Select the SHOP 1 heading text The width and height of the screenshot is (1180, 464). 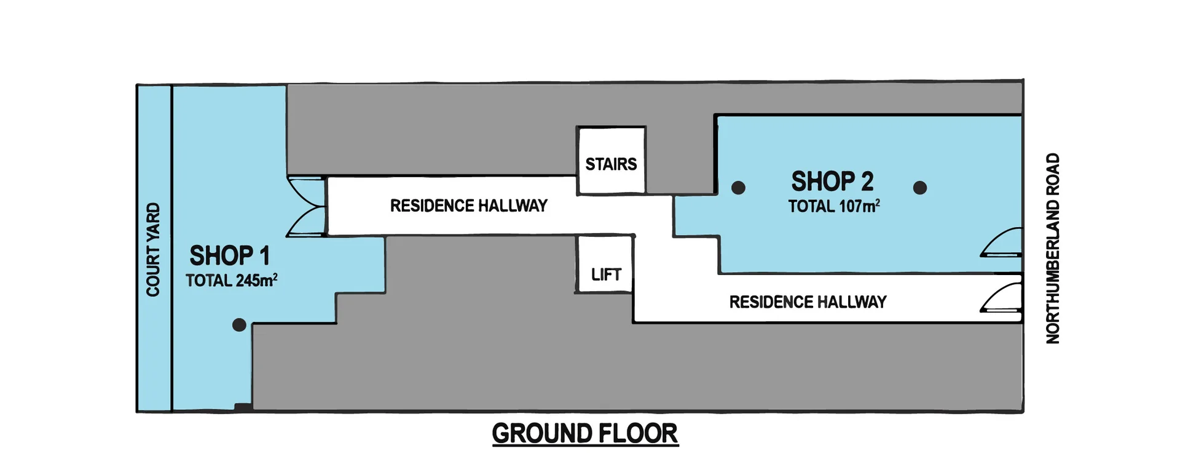click(229, 255)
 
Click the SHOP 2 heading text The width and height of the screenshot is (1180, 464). click(832, 182)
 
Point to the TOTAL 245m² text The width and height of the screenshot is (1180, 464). click(232, 281)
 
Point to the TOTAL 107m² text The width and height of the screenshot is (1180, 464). click(834, 206)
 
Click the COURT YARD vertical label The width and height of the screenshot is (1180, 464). click(152, 249)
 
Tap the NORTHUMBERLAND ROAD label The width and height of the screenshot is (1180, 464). click(1053, 248)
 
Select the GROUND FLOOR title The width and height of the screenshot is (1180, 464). click(584, 434)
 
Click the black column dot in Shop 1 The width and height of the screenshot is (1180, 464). click(239, 325)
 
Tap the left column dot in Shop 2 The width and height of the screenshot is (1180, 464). click(738, 188)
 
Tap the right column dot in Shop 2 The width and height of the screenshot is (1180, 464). click(919, 188)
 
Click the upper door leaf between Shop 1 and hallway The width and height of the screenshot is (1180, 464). click(306, 190)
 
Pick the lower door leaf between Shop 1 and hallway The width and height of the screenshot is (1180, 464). click(306, 222)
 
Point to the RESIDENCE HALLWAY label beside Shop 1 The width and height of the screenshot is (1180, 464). click(468, 206)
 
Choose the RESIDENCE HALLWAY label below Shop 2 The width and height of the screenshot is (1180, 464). click(808, 302)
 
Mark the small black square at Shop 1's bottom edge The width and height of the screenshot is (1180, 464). click(243, 407)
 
